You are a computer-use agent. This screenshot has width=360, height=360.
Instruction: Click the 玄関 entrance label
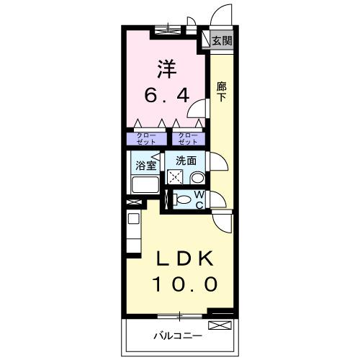pos(222,41)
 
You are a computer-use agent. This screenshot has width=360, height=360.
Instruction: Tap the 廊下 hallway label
pos(222,91)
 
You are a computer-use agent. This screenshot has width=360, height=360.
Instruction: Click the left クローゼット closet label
pos(145,138)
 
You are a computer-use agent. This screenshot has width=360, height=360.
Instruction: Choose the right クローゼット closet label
pos(186,138)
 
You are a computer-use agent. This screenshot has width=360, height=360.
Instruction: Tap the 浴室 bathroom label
pos(146,165)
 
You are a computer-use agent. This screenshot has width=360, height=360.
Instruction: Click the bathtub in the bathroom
pos(145,185)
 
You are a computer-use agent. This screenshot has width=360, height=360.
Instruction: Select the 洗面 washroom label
pos(186,161)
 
